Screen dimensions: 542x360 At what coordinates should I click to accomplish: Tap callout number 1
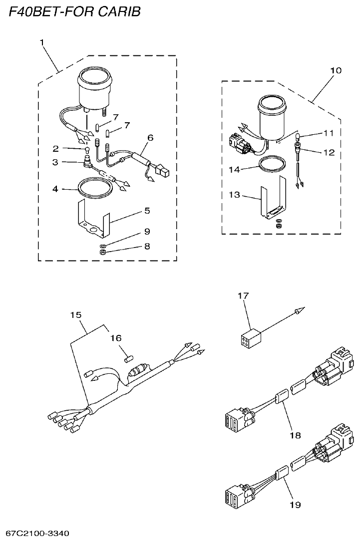tap(42, 43)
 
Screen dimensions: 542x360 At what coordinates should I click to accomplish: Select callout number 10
tap(336, 70)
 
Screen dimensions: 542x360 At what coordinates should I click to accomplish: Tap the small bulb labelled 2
tap(87, 148)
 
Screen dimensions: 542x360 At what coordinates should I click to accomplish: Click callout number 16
tap(116, 338)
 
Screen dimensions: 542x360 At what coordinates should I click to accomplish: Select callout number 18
tap(295, 435)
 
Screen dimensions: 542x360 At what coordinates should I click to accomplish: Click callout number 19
tap(295, 505)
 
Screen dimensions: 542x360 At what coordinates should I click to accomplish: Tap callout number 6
tap(150, 137)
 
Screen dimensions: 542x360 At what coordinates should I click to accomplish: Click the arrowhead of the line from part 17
tap(298, 311)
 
